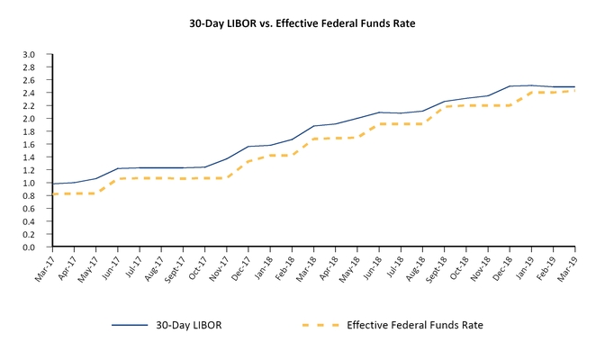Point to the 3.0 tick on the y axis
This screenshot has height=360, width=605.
click(28, 55)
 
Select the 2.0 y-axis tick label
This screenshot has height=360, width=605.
click(28, 119)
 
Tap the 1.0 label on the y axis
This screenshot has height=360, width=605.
click(28, 183)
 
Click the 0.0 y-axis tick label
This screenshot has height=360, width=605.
click(28, 247)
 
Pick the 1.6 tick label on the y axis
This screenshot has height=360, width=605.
click(28, 144)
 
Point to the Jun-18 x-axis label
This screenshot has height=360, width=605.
click(370, 267)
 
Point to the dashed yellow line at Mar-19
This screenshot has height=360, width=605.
click(574, 91)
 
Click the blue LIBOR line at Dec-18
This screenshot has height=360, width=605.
click(510, 86)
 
